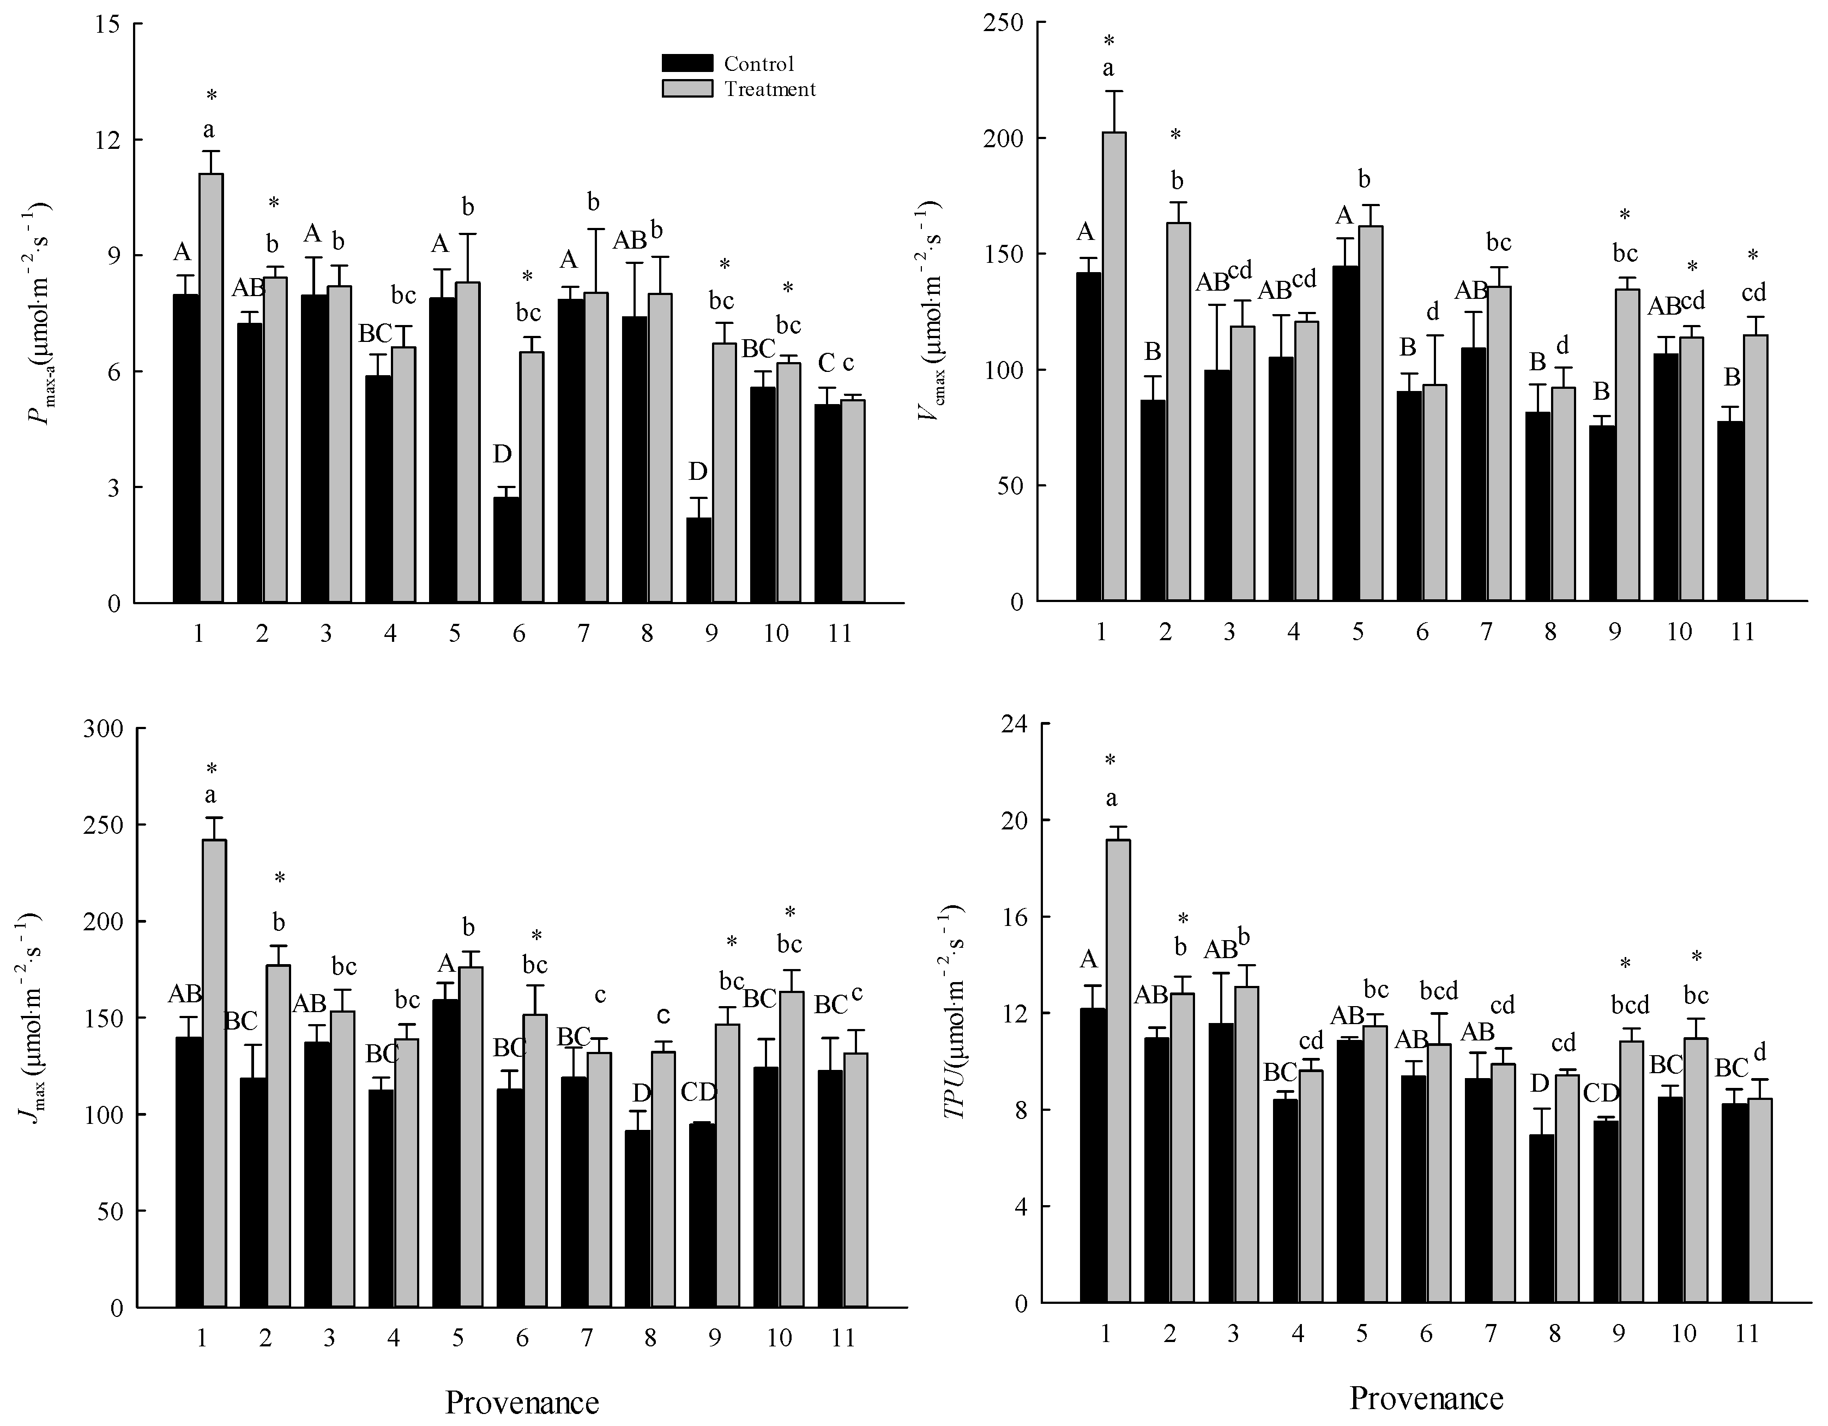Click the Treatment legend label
click(x=769, y=89)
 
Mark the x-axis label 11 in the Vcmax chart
click(x=1742, y=631)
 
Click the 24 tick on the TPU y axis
click(x=1015, y=724)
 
